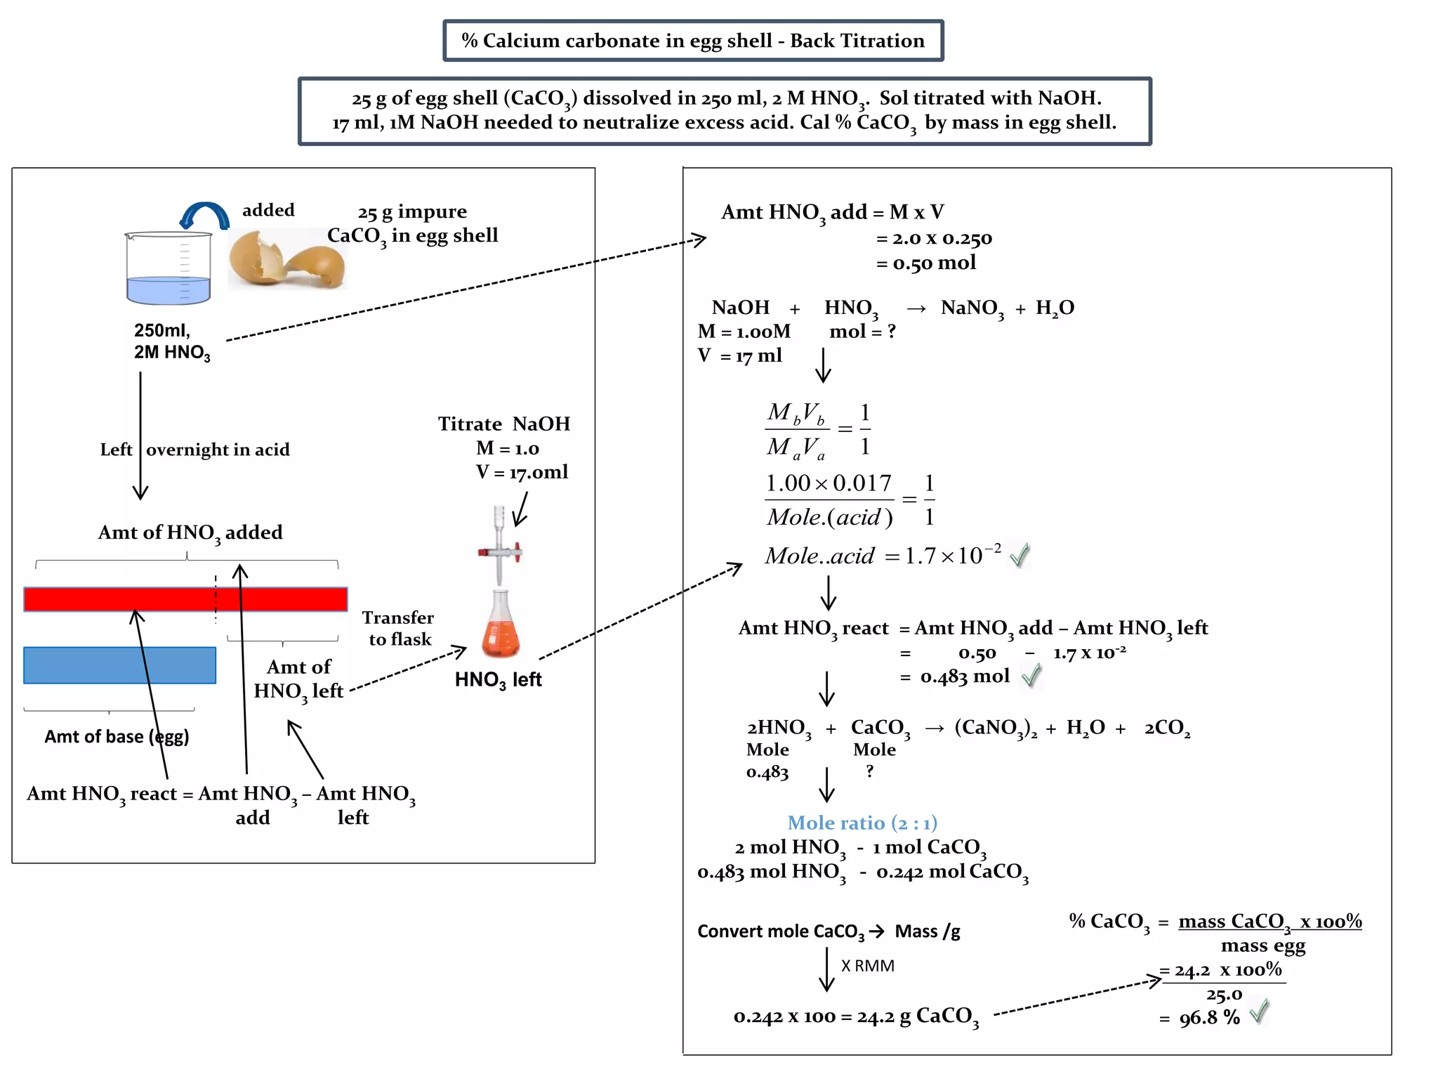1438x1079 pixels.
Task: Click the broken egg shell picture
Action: pos(286,259)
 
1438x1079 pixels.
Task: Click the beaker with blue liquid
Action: pos(169,269)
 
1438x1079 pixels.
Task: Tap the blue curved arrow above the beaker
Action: pos(204,216)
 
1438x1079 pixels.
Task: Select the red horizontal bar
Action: pos(185,599)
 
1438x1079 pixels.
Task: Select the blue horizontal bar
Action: pos(119,665)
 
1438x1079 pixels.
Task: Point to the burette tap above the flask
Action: pos(500,551)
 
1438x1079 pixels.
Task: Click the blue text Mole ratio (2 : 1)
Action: pos(862,823)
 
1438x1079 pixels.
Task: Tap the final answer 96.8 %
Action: pos(1209,1017)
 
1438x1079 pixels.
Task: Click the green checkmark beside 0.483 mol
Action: pos(1031,676)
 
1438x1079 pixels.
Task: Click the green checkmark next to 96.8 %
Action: pos(1260,1011)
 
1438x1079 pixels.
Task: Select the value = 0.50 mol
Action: pos(926,263)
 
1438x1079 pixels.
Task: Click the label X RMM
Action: pos(867,966)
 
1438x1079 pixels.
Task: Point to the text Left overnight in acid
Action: pos(194,450)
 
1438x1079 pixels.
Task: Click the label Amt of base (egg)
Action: pos(117,736)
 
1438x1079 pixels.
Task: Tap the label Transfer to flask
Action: pos(398,628)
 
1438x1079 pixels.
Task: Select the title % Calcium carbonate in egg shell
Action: pos(692,41)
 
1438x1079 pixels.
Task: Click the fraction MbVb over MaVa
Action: pos(797,429)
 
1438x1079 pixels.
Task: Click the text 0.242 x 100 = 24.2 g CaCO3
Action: pos(855,1016)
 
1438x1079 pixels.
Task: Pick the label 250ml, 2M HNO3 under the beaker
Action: pos(171,341)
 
